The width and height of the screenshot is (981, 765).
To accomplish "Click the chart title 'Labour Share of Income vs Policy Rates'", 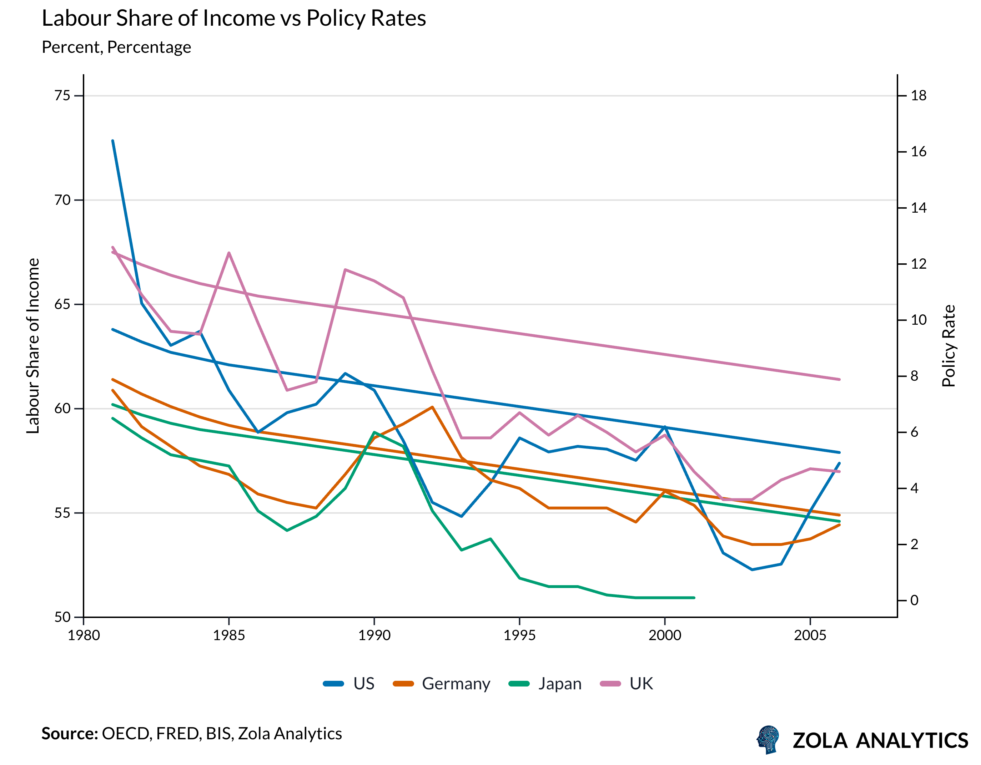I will (233, 19).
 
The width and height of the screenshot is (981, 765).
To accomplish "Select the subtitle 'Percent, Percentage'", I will (116, 47).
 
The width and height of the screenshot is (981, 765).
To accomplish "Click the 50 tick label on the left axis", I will (62, 617).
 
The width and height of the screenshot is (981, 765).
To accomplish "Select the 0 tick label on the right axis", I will (915, 600).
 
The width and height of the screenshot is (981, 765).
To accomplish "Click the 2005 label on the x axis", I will (810, 635).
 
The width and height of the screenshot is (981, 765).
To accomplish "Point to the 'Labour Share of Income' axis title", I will (33, 346).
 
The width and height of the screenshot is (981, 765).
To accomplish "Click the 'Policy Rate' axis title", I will (949, 346).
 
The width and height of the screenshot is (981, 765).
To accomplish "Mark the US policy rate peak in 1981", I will (113, 141).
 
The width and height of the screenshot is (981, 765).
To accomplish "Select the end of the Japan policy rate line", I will (694, 598).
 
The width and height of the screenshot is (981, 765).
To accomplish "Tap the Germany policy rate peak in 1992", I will (432, 407).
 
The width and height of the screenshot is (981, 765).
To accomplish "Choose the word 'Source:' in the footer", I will (70, 734).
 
